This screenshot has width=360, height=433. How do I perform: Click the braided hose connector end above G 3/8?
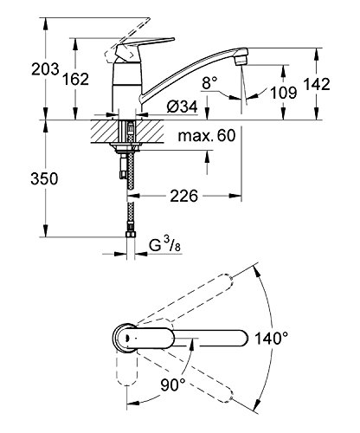[130, 229]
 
